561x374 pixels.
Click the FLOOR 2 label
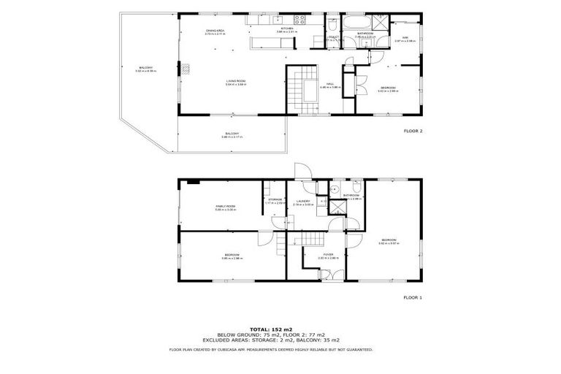tap(413, 131)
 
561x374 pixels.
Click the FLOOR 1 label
tap(413, 297)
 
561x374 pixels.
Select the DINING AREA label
tap(215, 31)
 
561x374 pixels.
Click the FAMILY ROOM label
tap(225, 207)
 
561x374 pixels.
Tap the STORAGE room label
tap(275, 199)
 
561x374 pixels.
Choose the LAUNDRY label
tap(302, 202)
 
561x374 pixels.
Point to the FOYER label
tap(328, 255)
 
